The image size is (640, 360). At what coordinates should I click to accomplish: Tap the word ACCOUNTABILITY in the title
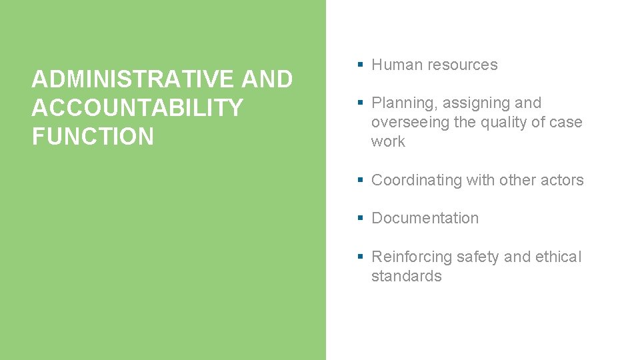coord(137,108)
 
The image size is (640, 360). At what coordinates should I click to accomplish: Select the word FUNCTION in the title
coord(93,137)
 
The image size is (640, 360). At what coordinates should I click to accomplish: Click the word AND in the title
coord(267,79)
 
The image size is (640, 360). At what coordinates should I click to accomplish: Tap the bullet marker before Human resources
coord(360,65)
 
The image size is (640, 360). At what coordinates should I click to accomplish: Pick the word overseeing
coord(410,122)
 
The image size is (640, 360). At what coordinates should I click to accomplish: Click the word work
coord(388,141)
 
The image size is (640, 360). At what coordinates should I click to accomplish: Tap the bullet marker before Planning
coord(360,103)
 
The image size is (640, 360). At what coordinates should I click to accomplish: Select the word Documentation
coord(425,218)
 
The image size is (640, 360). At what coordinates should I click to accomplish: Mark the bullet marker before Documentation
coord(360,218)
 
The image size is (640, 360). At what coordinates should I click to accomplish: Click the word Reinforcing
coord(411,257)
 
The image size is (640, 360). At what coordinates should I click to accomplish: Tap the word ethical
coord(557,257)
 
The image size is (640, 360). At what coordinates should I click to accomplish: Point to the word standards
coord(406,276)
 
